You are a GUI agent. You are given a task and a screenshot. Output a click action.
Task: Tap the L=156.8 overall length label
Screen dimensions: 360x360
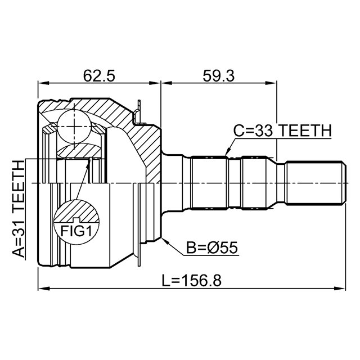[x=192, y=280]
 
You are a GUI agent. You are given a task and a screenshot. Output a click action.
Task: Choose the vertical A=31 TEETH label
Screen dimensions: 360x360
[x=19, y=209]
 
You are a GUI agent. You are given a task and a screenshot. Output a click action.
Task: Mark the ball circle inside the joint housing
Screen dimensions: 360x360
[x=74, y=124]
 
